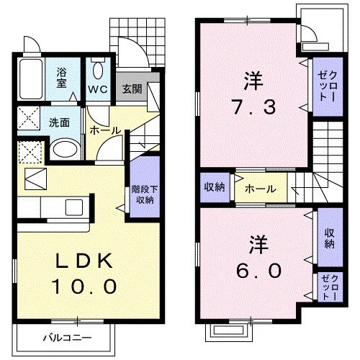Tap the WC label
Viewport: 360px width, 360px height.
point(98,89)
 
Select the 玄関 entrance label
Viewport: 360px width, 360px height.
point(131,89)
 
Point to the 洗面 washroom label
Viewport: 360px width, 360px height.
point(59,122)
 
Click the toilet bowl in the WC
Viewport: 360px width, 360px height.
point(98,69)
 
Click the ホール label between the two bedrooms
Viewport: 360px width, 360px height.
point(259,189)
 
